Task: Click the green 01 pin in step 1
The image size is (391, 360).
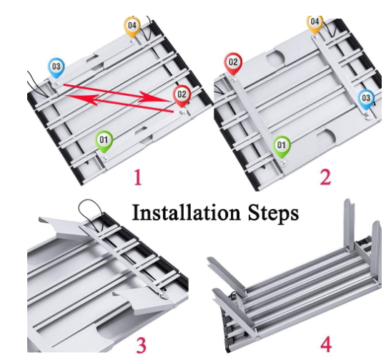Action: pyautogui.click(x=104, y=141)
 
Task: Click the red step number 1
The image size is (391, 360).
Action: pyautogui.click(x=138, y=177)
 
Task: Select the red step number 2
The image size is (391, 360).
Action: pyautogui.click(x=325, y=177)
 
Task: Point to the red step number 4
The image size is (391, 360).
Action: pyautogui.click(x=326, y=344)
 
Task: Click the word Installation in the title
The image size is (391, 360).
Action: pyautogui.click(x=186, y=213)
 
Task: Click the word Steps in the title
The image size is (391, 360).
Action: pyautogui.click(x=274, y=214)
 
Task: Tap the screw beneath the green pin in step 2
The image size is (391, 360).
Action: pyautogui.click(x=283, y=163)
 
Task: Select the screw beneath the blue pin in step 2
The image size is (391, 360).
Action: pyautogui.click(x=367, y=115)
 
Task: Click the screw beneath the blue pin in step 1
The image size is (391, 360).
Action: pyautogui.click(x=56, y=84)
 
